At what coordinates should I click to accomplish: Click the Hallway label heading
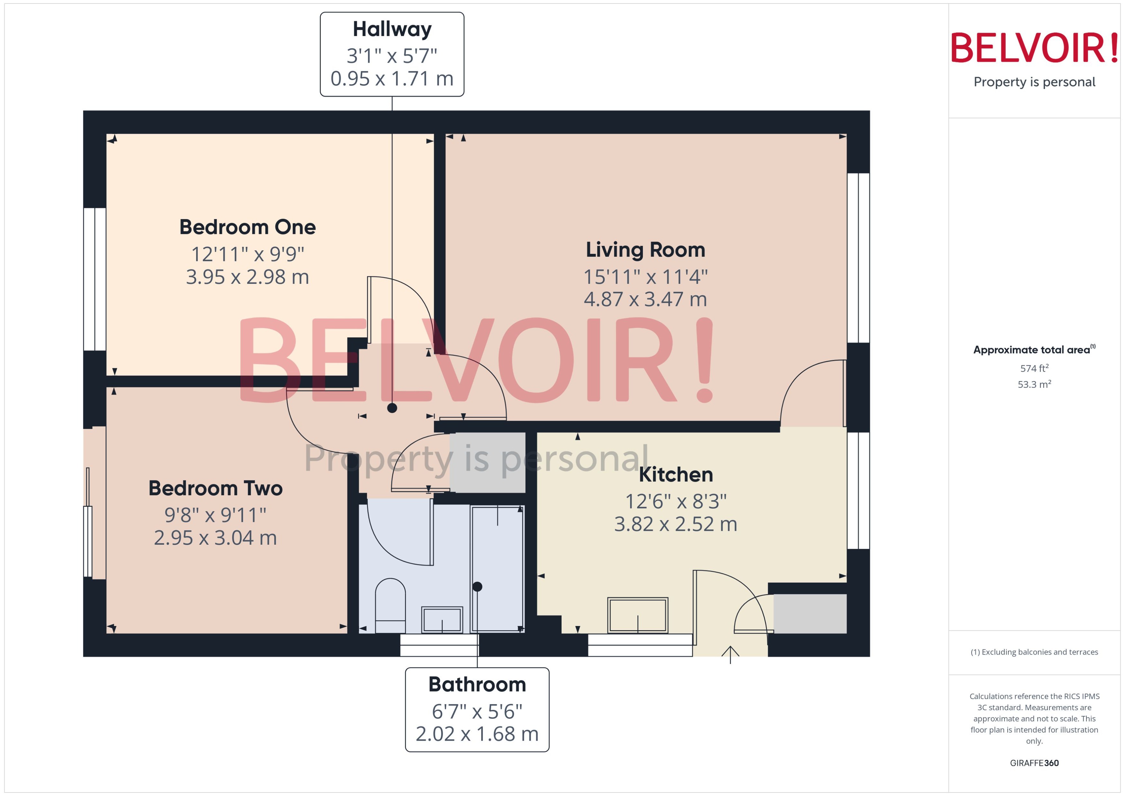(392, 30)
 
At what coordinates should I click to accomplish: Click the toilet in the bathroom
(390, 605)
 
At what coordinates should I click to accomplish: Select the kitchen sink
(637, 615)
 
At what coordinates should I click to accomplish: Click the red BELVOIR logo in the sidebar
(1034, 48)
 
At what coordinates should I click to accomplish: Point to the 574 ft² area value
(1034, 368)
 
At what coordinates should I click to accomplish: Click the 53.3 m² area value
(1034, 384)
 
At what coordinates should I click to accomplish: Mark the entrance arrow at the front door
(730, 654)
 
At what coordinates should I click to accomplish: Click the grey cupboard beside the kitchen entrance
(810, 614)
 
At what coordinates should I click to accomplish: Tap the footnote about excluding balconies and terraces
(1034, 652)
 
